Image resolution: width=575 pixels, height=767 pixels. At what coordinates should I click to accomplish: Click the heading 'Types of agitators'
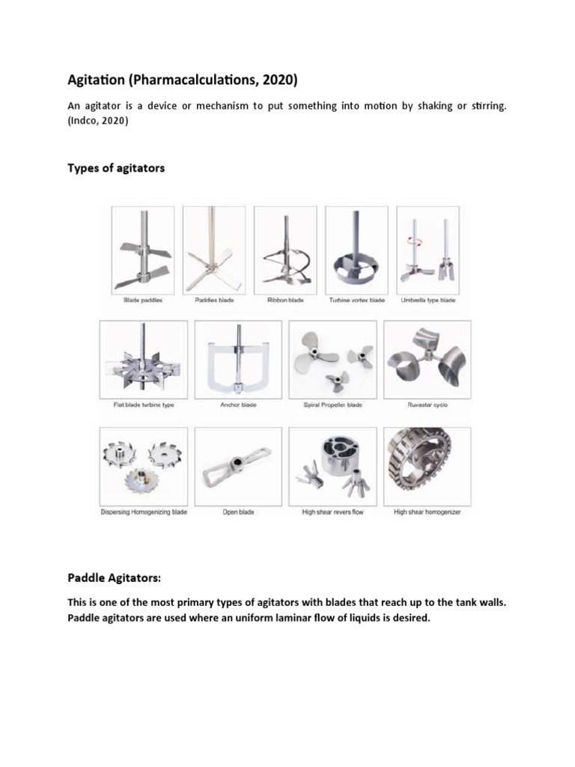coord(116,169)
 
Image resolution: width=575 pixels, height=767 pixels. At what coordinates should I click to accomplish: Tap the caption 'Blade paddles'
coord(143,300)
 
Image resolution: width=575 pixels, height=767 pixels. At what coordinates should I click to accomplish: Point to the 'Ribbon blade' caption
coord(285,300)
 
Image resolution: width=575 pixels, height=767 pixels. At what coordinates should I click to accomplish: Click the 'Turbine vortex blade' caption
coord(357,300)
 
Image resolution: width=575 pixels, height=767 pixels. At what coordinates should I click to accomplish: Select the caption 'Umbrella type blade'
coord(428,300)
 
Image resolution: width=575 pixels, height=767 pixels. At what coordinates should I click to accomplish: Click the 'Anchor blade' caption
coord(238,405)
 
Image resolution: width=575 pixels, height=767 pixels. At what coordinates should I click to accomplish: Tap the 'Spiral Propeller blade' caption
coord(333,405)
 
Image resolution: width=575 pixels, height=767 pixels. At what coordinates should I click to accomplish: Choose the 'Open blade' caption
coord(238,512)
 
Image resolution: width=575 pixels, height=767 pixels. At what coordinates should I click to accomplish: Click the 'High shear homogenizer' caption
coord(428,512)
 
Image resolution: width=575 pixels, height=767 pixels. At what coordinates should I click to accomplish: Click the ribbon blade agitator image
coord(285,251)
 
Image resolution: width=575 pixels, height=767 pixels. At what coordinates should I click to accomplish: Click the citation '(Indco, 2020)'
coord(97,121)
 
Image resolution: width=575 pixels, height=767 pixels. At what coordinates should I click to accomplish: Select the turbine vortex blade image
coord(357,251)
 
